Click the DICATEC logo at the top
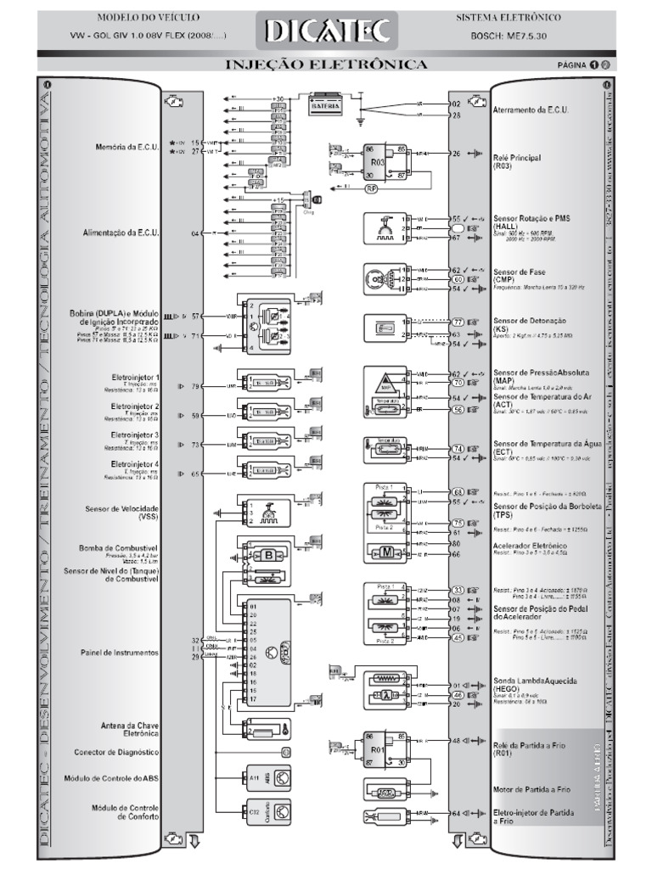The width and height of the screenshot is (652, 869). click(328, 31)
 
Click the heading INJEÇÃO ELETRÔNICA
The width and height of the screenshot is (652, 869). click(326, 64)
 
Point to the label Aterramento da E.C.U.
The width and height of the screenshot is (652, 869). click(531, 110)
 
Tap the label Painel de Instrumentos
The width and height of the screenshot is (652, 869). click(123, 653)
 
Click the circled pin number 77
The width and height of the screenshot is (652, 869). click(458, 322)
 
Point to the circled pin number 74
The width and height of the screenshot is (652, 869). click(458, 448)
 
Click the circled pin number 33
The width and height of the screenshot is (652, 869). click(458, 589)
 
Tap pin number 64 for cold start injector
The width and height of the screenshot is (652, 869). click(456, 814)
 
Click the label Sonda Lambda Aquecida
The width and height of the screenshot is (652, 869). click(536, 681)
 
